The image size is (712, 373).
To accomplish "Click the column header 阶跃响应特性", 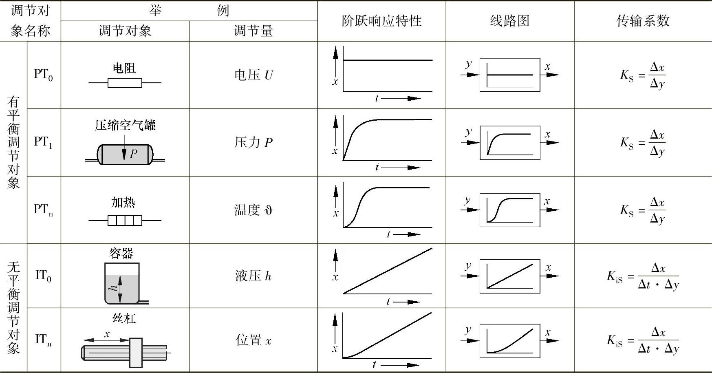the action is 381,21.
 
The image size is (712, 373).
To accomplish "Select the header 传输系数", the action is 643,21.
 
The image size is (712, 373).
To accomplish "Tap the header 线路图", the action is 509,21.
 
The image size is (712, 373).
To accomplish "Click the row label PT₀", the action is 43,75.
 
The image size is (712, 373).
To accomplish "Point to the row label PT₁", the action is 43,142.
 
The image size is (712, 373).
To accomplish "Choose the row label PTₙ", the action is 43,210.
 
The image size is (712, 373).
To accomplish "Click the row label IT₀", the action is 43,276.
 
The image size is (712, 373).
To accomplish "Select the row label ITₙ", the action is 43,340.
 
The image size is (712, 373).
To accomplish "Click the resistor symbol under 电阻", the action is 125,83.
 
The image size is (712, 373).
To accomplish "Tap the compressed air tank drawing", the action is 125,154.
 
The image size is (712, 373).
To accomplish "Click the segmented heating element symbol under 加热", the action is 125,221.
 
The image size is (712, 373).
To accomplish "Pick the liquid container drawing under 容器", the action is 122,284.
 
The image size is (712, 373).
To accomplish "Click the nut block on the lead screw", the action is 136,352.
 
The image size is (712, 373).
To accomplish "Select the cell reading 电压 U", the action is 253,75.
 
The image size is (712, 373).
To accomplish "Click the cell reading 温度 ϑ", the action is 253,210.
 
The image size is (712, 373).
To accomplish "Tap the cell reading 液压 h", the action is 253,276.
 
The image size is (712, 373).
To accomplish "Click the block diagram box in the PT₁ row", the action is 510,143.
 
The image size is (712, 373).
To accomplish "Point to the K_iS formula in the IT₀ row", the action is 643,276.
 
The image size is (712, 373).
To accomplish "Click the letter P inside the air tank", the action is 134,154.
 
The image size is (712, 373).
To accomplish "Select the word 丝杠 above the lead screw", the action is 124,318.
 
